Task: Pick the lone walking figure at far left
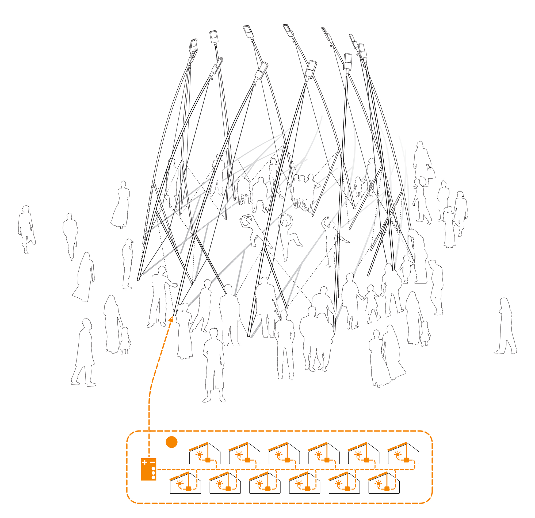pyautogui.click(x=26, y=229)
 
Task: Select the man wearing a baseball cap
pyautogui.click(x=128, y=263)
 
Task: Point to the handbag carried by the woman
pyautogui.click(x=431, y=173)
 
